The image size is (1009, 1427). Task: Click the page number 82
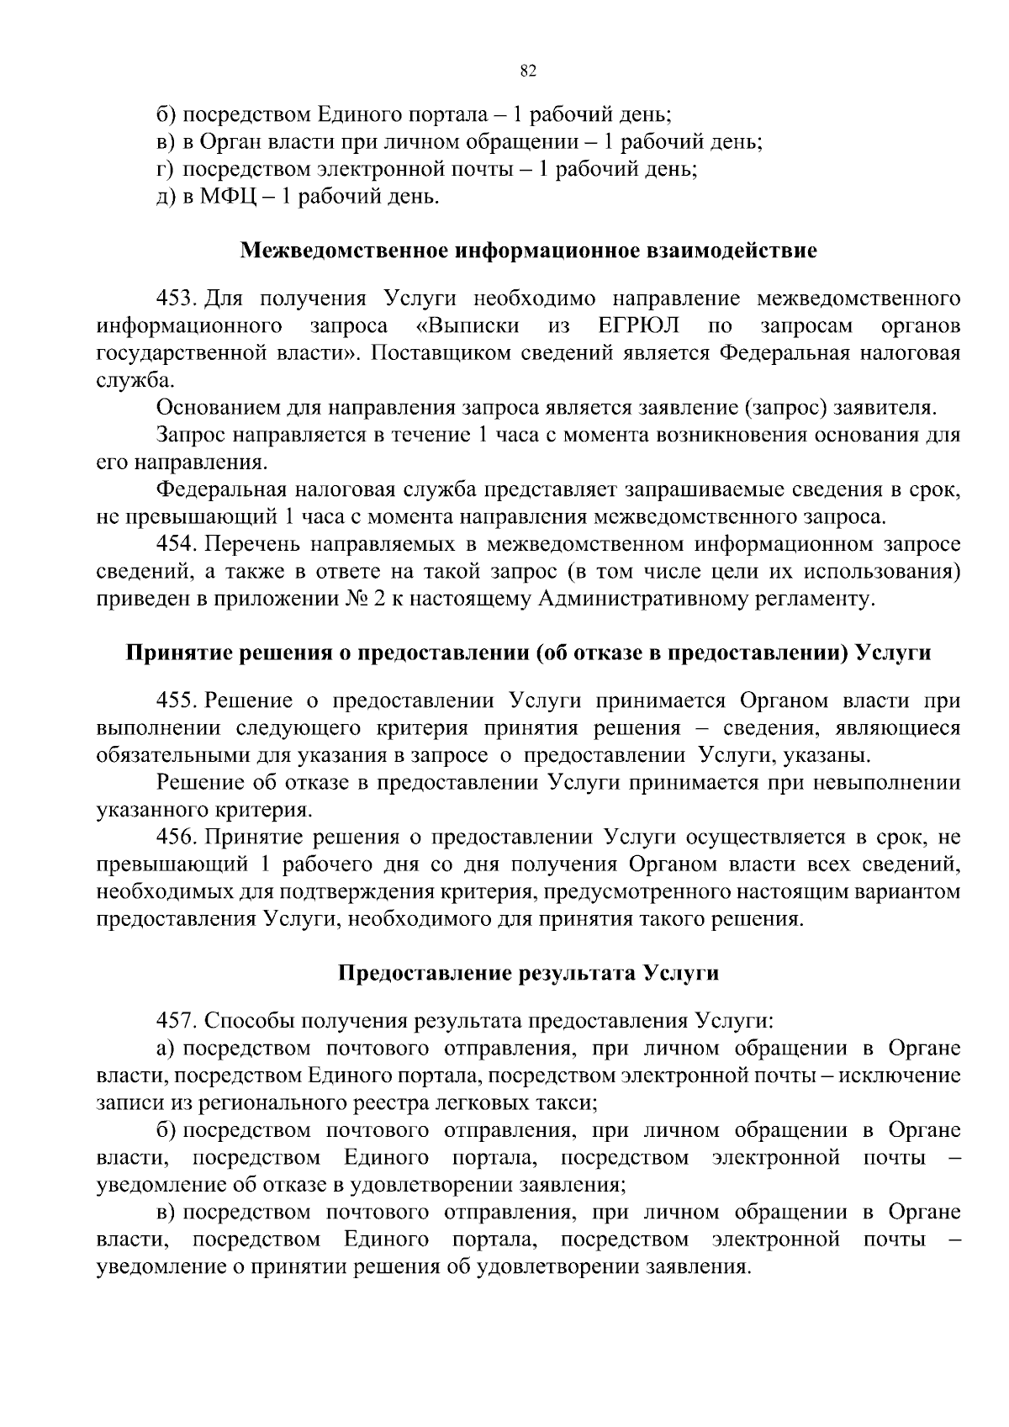(x=528, y=71)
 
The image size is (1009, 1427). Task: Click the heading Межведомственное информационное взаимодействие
(x=528, y=251)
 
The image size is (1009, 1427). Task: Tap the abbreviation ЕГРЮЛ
(x=639, y=325)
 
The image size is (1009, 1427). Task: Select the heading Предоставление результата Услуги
(x=528, y=973)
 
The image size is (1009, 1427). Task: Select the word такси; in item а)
(x=571, y=1102)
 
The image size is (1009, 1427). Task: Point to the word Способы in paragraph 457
(x=239, y=1021)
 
